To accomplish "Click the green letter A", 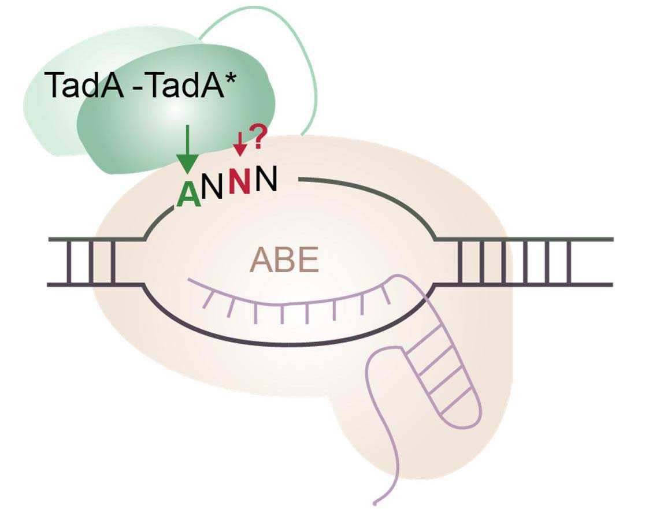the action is point(189,195).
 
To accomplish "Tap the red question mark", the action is point(260,137).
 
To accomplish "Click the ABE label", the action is point(284,260).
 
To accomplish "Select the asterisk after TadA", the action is point(231,78).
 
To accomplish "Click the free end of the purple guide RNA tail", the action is point(375,502).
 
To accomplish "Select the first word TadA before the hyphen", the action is point(86,85).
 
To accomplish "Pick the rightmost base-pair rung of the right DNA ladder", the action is point(569,261).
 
